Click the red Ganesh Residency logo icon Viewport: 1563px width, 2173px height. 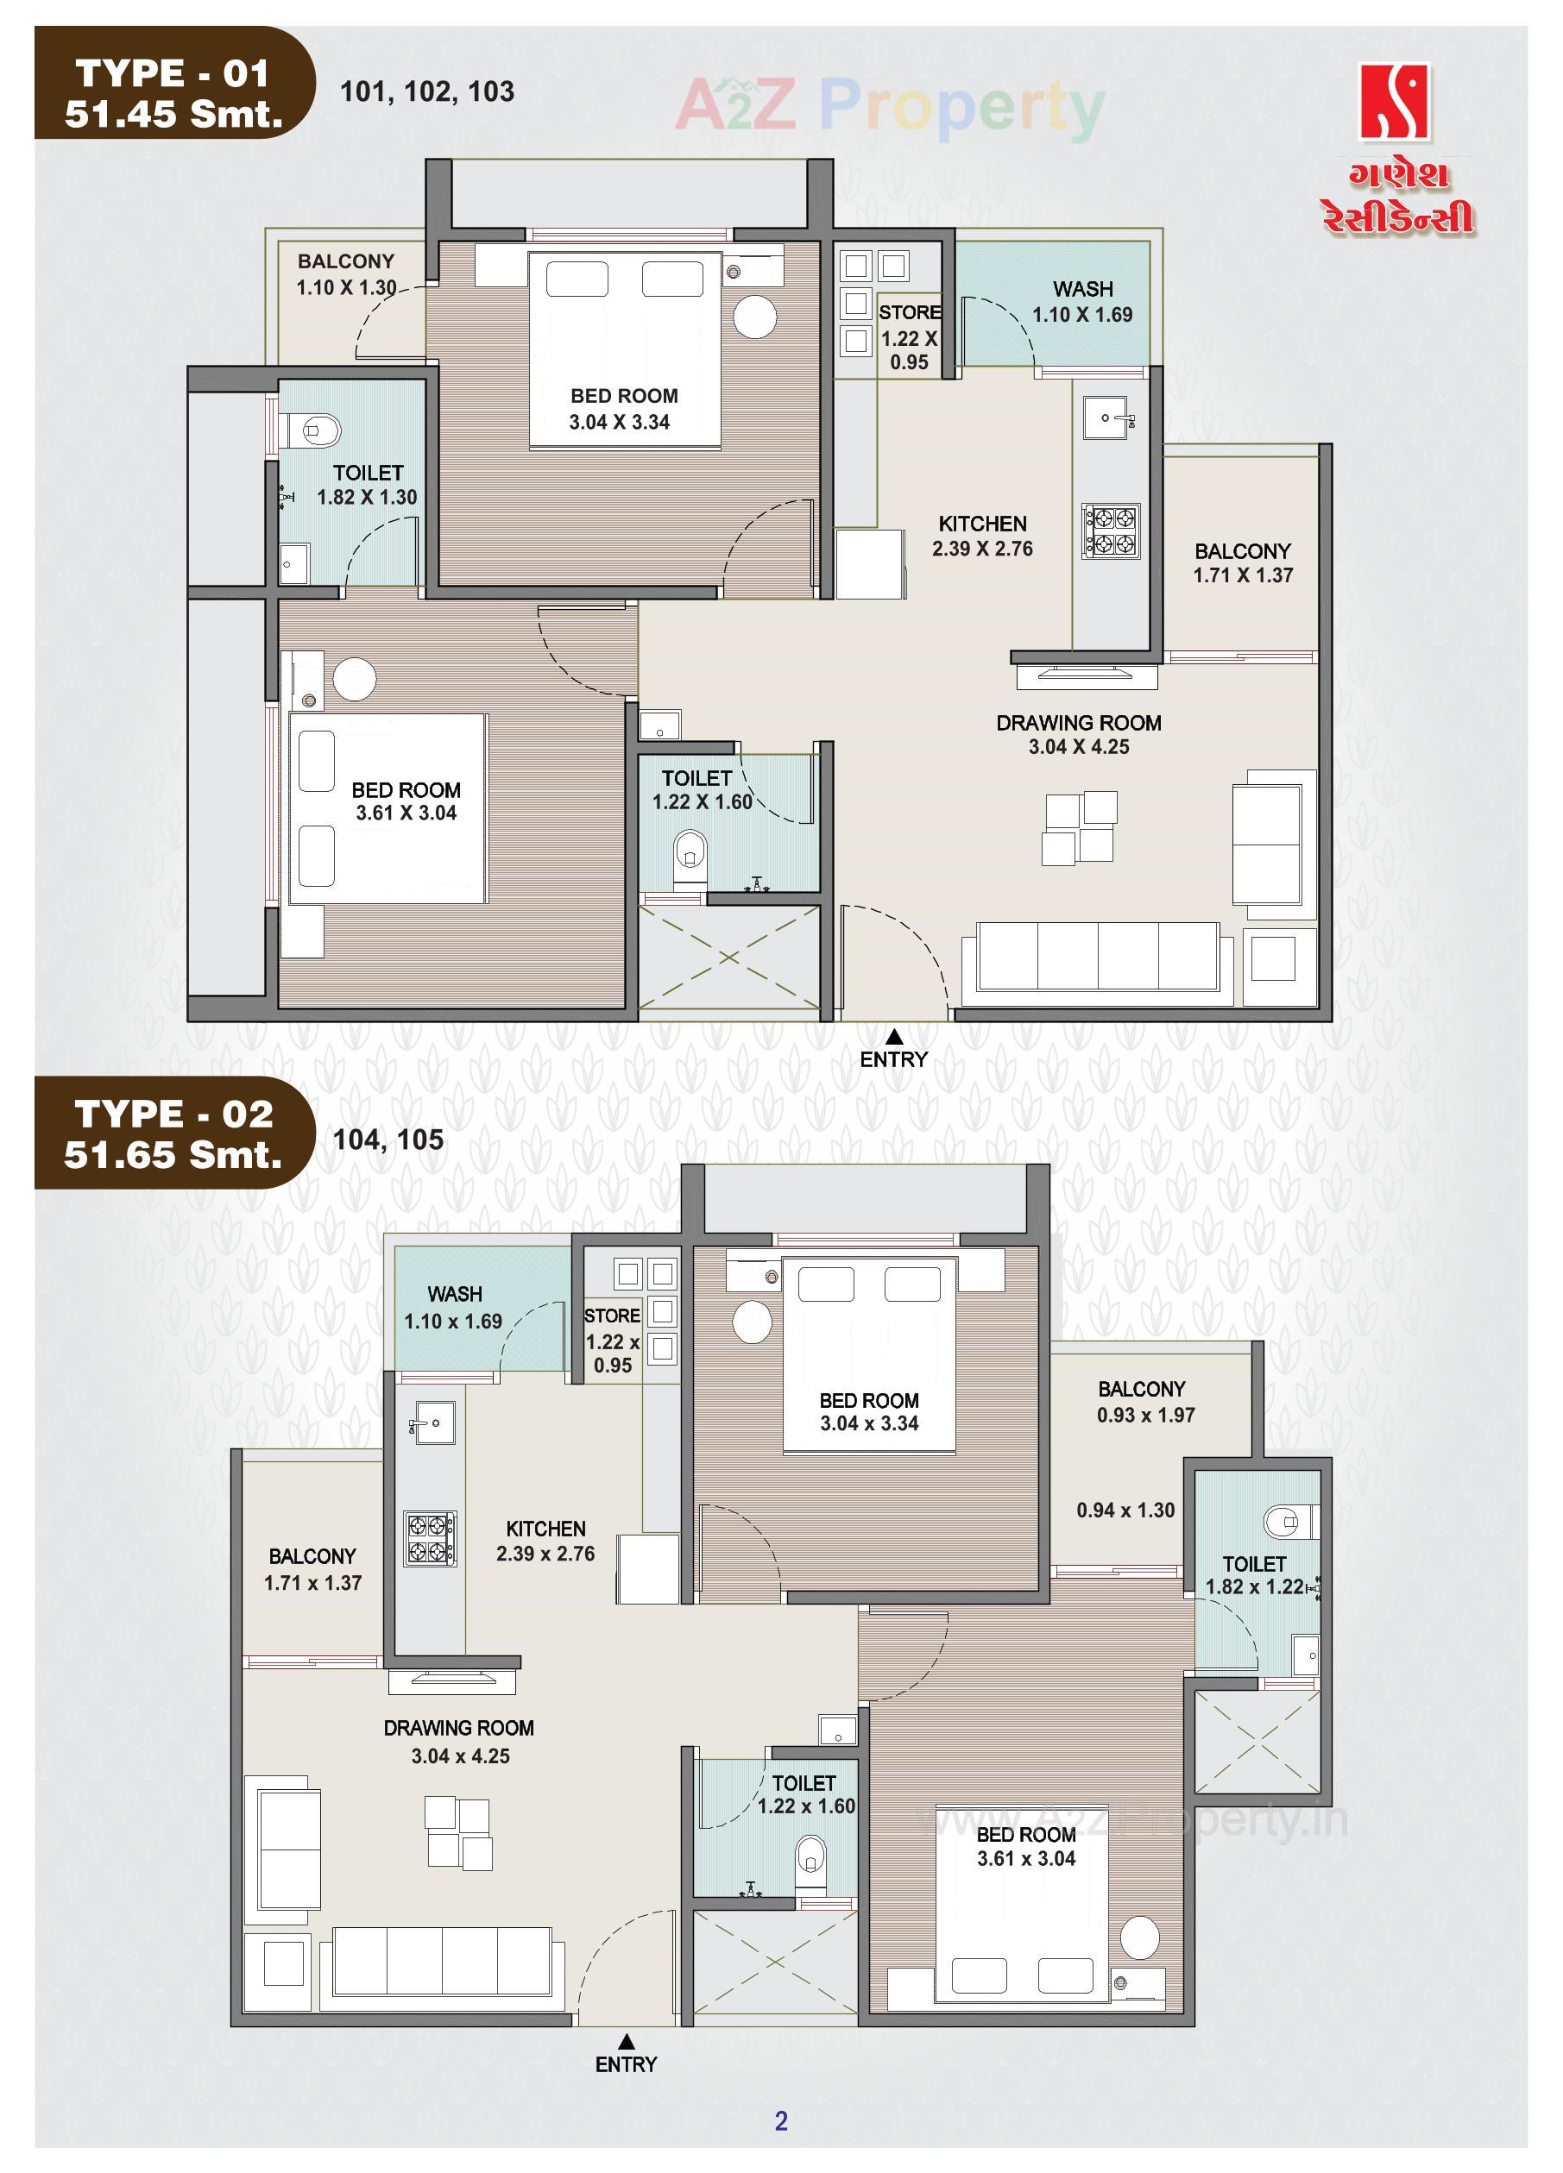click(x=1395, y=102)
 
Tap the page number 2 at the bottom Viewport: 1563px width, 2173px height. click(x=781, y=2120)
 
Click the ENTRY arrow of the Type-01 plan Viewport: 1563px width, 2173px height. click(x=893, y=1037)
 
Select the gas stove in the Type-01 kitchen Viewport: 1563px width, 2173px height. click(x=1111, y=531)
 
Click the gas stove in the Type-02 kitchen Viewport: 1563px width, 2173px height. click(x=429, y=1538)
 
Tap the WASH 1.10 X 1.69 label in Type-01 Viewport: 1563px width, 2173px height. click(x=1082, y=302)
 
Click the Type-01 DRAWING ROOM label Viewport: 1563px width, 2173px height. click(x=1078, y=735)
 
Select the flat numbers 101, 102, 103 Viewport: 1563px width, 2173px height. click(x=427, y=92)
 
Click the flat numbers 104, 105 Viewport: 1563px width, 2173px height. click(x=388, y=1140)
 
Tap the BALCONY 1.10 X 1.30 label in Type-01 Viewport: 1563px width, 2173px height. click(x=346, y=274)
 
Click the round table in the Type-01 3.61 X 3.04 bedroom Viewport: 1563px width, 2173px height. click(x=355, y=678)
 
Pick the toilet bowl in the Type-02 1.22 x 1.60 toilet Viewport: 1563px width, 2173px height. click(x=810, y=1856)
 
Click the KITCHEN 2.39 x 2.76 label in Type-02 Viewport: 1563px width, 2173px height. click(x=545, y=1541)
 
